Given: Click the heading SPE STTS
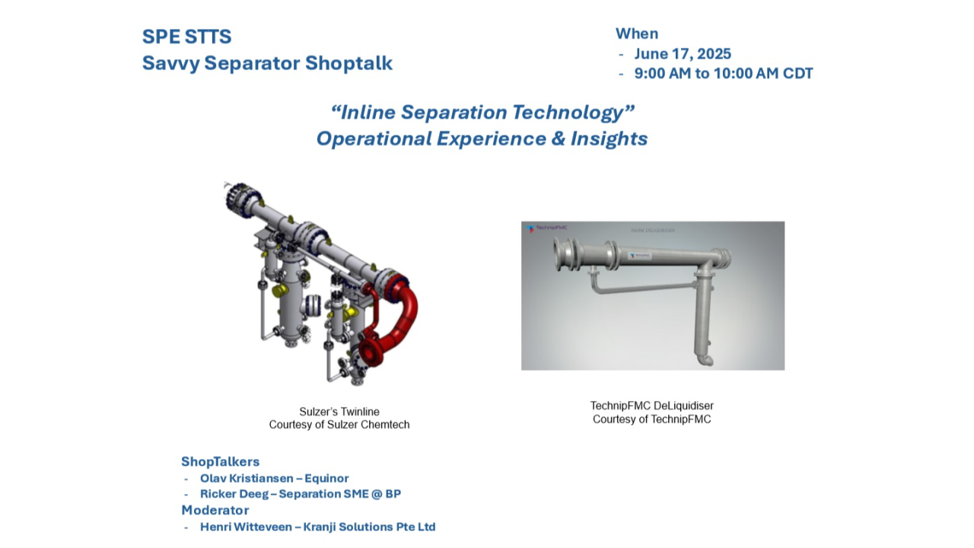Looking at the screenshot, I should pyautogui.click(x=186, y=37).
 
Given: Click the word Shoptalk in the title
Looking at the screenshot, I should pyautogui.click(x=349, y=63).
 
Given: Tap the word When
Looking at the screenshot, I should pyautogui.click(x=637, y=33).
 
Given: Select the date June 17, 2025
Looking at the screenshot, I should pyautogui.click(x=683, y=54).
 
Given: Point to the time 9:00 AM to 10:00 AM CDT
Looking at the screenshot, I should pyautogui.click(x=724, y=74).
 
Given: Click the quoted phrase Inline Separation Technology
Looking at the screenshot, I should pyautogui.click(x=482, y=113).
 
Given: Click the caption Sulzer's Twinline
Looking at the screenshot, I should pyautogui.click(x=339, y=412).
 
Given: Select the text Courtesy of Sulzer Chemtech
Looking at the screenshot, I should pyautogui.click(x=339, y=425).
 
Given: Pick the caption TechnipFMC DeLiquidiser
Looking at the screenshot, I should pyautogui.click(x=652, y=406).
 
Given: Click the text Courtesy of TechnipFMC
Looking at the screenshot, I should pyautogui.click(x=652, y=419).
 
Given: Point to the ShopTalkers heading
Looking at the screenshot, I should pyautogui.click(x=220, y=462).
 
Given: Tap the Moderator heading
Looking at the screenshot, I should pyautogui.click(x=215, y=510).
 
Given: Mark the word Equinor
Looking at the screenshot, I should pyautogui.click(x=326, y=479).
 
